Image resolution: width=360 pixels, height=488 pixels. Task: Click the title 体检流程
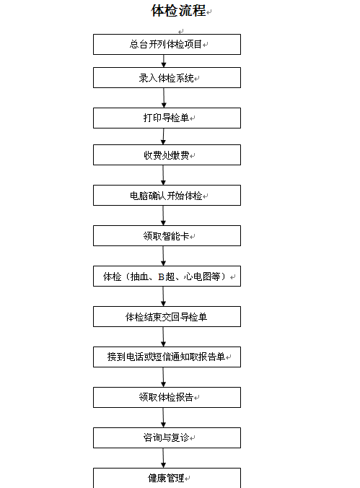[x=178, y=11]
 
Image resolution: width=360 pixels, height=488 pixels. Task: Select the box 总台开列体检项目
[x=167, y=45]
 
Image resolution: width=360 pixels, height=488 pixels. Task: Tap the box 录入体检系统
[x=167, y=77]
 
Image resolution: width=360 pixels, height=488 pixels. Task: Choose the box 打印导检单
[x=167, y=118]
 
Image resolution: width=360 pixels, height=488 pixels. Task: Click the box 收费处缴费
[x=167, y=154]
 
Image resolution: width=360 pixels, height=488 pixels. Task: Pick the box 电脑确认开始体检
[x=167, y=195]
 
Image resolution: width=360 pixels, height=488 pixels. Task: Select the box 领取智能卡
[x=167, y=235]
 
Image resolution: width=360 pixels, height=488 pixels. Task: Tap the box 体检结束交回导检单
[x=167, y=316]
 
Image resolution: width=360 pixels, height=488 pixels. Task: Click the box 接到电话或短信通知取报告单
[x=167, y=357]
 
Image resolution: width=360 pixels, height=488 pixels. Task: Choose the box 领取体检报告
[x=167, y=398]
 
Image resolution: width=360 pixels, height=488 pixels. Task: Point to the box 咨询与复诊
[x=167, y=438]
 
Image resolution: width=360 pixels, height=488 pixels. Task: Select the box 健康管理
[x=167, y=478]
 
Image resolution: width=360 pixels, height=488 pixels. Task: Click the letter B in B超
[x=161, y=276]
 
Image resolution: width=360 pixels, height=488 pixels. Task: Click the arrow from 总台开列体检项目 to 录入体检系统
[x=164, y=61]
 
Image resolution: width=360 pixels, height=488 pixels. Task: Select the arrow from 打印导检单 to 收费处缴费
[x=163, y=136]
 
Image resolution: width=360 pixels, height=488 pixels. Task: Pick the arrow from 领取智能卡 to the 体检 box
[x=163, y=256]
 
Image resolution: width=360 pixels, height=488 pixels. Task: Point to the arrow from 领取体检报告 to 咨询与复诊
[x=163, y=418]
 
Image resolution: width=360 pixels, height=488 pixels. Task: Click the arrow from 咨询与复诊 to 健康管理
[x=163, y=458]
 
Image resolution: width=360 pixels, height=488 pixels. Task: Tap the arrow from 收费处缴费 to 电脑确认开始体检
[x=163, y=175]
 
